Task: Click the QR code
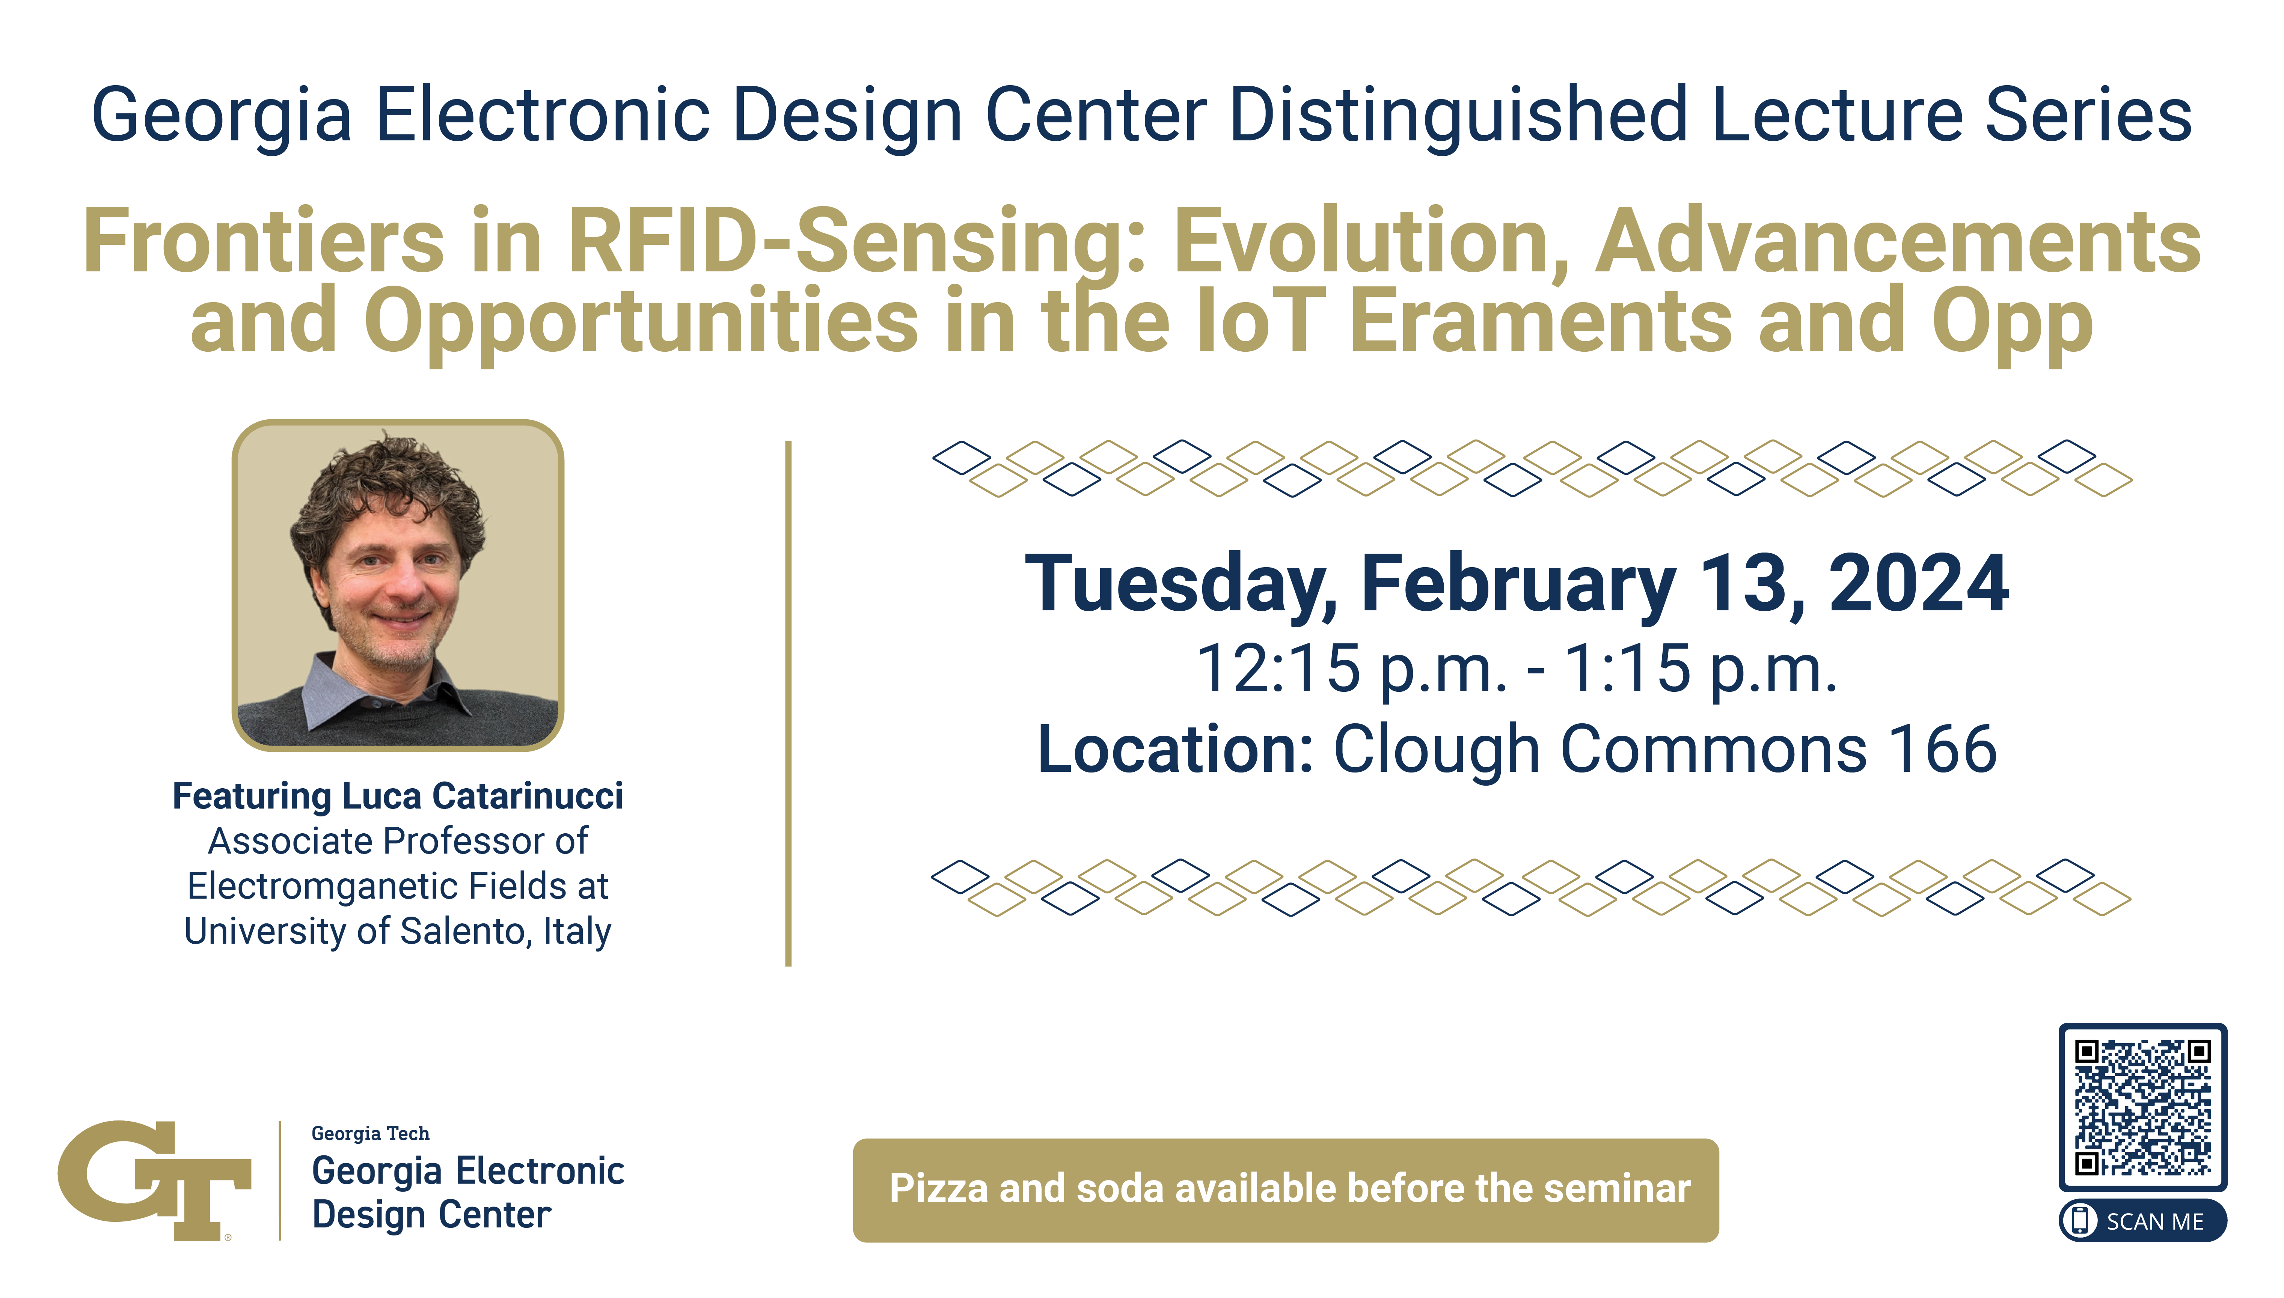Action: [2142, 1106]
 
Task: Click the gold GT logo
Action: [154, 1179]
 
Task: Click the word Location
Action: [1175, 749]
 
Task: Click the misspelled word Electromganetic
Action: [333, 886]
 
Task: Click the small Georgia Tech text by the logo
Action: [370, 1134]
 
